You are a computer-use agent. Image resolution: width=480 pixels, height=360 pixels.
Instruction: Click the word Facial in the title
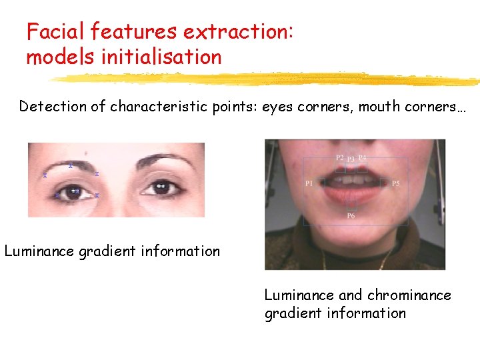coord(56,31)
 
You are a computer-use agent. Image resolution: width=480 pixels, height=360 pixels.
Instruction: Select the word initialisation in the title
coord(161,57)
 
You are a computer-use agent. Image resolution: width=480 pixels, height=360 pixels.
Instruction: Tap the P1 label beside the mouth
coord(309,183)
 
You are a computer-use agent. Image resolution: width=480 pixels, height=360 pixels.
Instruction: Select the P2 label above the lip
coord(339,158)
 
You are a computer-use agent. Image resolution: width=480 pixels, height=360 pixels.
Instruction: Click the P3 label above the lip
coord(351,160)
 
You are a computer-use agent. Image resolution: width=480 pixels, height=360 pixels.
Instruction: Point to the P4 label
coord(362,158)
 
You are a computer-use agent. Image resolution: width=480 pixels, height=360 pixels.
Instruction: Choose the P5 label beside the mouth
coord(396,183)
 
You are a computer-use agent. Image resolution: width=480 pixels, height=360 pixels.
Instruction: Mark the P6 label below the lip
coord(351,216)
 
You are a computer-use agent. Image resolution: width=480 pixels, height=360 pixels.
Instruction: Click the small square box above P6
coord(351,205)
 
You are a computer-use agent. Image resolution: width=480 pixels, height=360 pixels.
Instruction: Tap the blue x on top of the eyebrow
coord(71,165)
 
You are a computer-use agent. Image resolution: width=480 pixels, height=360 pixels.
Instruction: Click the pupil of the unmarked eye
coord(161,188)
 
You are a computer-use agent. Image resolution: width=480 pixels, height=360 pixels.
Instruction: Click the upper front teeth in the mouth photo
coord(351,179)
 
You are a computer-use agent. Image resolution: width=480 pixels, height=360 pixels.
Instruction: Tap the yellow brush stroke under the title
coord(267,79)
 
